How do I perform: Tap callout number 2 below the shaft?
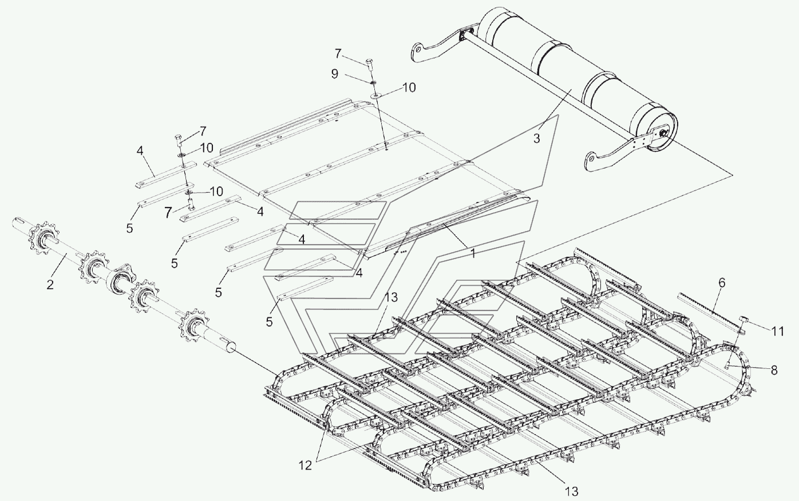pos(50,284)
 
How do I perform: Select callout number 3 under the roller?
pos(536,138)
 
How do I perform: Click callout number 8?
pos(774,370)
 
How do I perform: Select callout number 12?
pos(305,466)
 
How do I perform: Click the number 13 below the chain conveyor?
pos(572,491)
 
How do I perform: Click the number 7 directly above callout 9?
pos(338,54)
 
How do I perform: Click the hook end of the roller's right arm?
pos(593,160)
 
